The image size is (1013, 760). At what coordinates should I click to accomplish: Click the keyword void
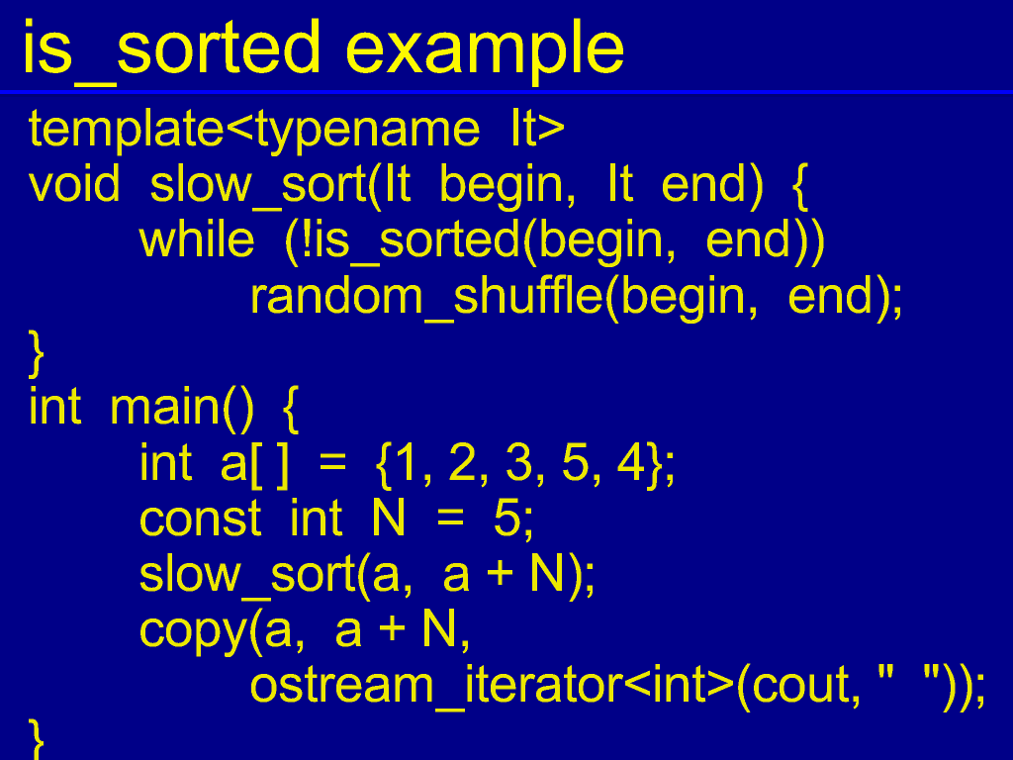click(x=74, y=184)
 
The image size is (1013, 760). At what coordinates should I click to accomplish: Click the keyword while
click(x=197, y=239)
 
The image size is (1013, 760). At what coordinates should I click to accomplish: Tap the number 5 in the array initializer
click(x=575, y=463)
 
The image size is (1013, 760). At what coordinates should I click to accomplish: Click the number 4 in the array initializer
click(x=630, y=463)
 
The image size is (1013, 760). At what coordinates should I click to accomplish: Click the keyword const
click(x=200, y=519)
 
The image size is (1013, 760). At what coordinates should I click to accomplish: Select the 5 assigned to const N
click(x=507, y=519)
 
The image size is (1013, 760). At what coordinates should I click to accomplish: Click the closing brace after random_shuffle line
click(x=37, y=353)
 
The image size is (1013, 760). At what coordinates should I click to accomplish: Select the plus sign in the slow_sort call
click(x=500, y=575)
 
